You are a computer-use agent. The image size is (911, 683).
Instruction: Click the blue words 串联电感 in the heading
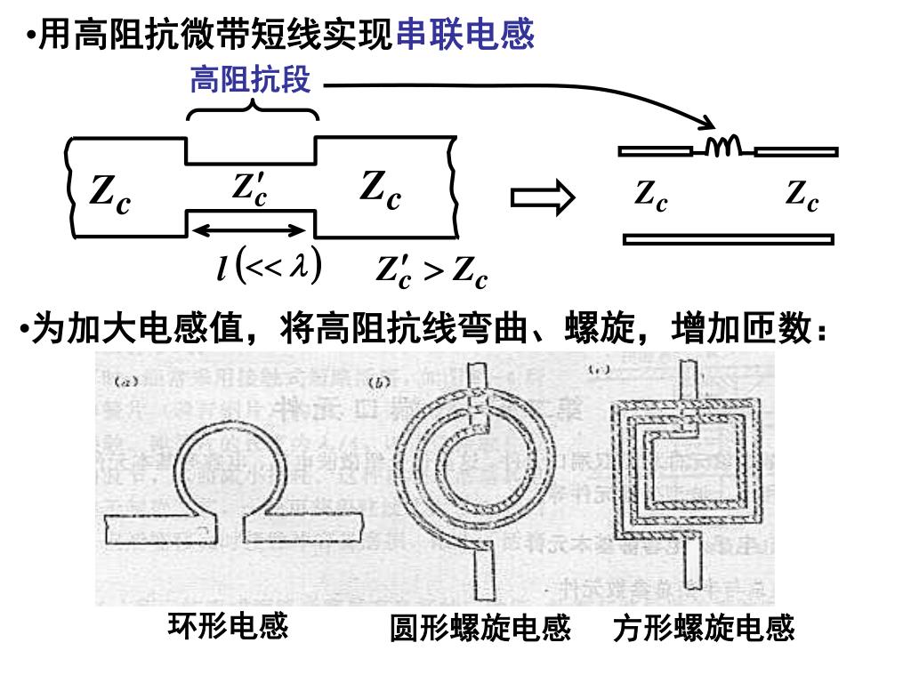tap(464, 35)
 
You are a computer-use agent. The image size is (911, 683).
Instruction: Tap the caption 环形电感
tap(229, 626)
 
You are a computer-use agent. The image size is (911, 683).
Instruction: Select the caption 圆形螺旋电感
tap(480, 629)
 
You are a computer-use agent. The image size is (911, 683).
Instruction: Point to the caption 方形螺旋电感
tap(704, 629)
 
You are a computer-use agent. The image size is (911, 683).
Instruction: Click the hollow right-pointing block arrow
tap(543, 198)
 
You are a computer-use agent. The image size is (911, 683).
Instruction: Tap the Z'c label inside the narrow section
tap(250, 188)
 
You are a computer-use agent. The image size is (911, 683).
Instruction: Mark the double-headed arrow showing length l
tap(250, 230)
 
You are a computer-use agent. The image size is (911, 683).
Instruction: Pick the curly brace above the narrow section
tap(253, 109)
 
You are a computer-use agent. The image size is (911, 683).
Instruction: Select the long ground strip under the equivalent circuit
tap(729, 238)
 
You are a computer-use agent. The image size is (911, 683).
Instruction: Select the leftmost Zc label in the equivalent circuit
tap(651, 195)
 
